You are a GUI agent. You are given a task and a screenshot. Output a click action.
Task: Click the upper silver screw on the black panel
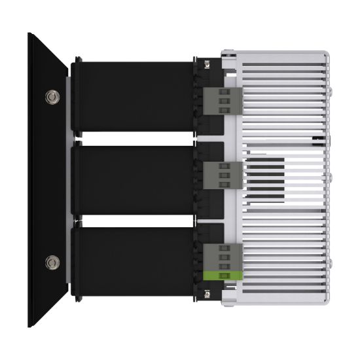51,98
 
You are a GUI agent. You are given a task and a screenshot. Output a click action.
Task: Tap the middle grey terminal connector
219,175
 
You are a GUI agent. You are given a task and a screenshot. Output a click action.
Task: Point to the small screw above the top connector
207,64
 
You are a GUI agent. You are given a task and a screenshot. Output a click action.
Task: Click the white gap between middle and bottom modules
131,221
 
